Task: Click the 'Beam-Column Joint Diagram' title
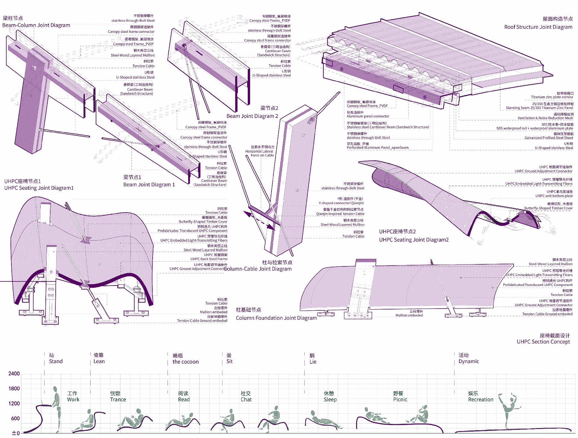tap(36, 25)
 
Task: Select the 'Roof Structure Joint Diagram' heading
tap(538, 27)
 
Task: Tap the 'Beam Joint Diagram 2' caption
tap(252, 116)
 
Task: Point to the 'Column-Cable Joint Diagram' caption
tap(258, 269)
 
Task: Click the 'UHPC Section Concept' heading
tap(543, 342)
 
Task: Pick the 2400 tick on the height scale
tap(14, 374)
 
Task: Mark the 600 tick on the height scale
tap(15, 418)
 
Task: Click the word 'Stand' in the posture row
tap(56, 361)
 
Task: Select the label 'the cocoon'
tap(185, 362)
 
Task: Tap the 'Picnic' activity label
tap(400, 399)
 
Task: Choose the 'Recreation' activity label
tap(481, 399)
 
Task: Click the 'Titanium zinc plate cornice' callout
tap(552, 97)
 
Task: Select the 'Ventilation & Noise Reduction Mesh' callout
tap(545, 118)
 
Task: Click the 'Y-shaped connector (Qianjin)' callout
tap(341, 203)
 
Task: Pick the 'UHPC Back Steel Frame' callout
tap(209, 259)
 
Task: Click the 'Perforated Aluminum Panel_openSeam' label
tap(378, 148)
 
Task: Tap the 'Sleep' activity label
tap(330, 399)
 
